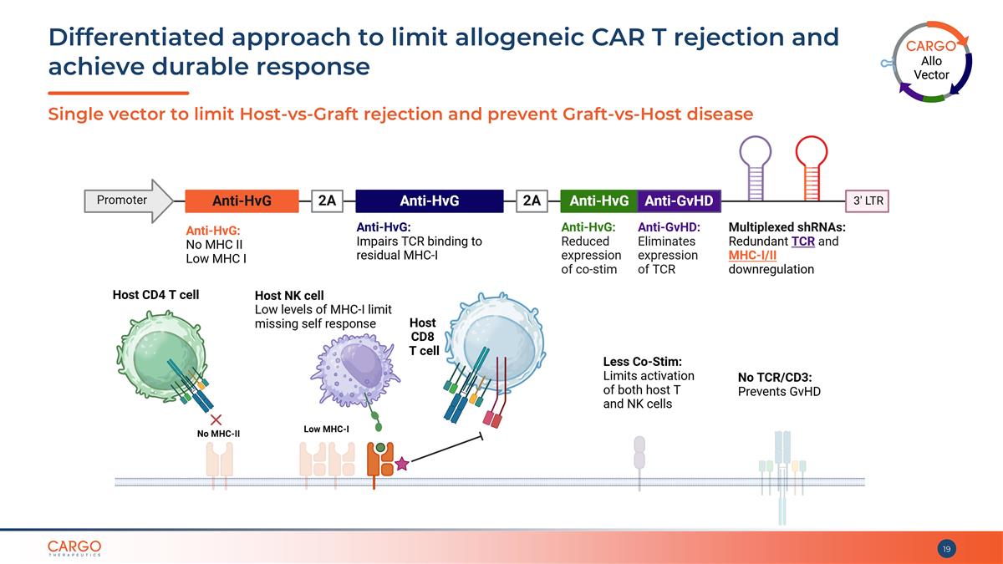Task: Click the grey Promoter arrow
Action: tap(129, 201)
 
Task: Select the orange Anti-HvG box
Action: tap(242, 201)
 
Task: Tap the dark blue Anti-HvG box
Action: tap(430, 201)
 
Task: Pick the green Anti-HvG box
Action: tap(598, 201)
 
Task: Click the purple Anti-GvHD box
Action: tap(679, 201)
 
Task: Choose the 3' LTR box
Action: tap(867, 201)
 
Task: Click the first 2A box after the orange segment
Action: tap(327, 201)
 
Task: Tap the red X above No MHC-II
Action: tap(216, 419)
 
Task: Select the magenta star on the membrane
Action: tap(402, 464)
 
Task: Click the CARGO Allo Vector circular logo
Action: tap(930, 62)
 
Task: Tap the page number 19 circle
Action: tap(946, 549)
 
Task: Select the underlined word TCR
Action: tap(803, 241)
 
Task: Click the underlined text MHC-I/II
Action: tap(752, 255)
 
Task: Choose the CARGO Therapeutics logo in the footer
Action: tap(74, 548)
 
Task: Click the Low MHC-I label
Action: tap(326, 429)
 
